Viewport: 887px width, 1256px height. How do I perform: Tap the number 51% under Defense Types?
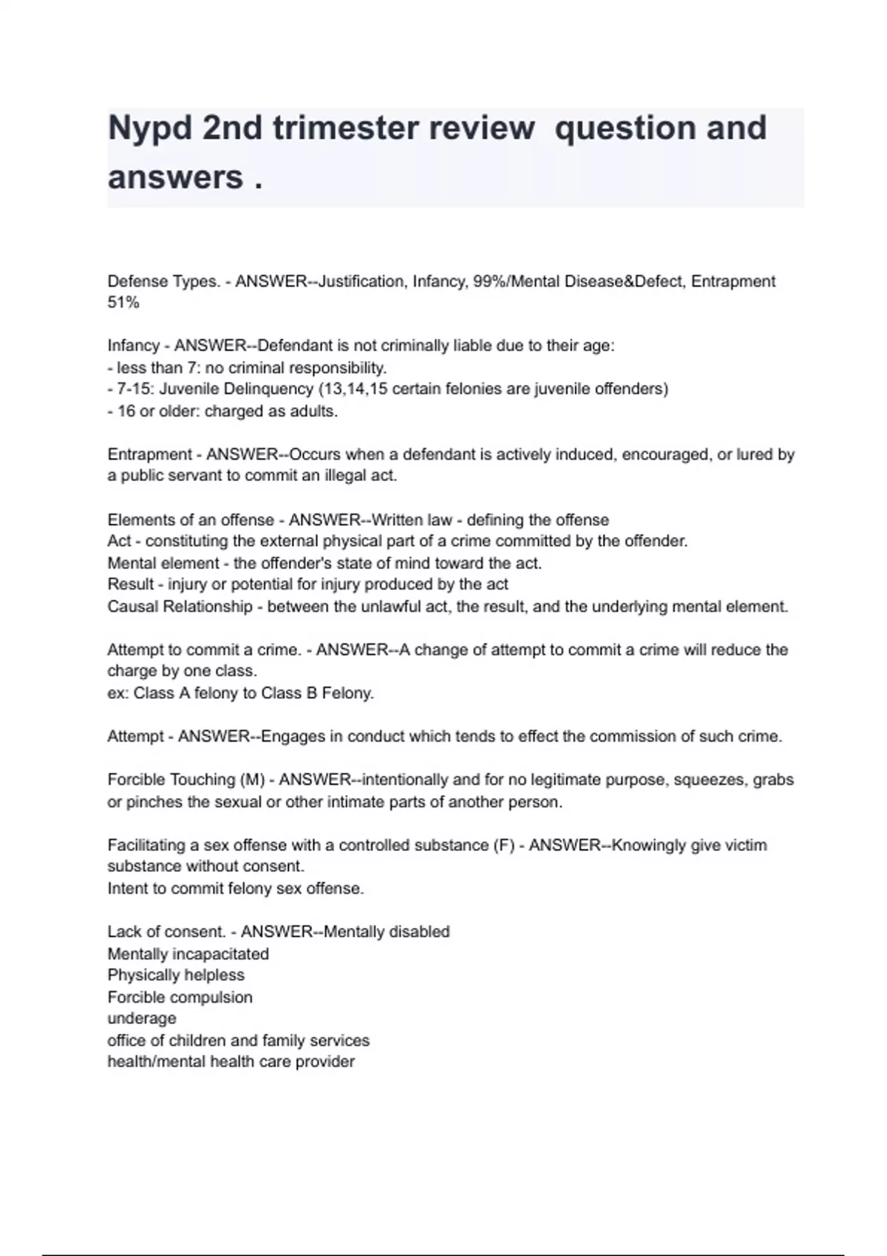pos(123,303)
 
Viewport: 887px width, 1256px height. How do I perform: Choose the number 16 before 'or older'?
pos(126,412)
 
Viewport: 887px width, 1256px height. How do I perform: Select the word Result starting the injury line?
pos(130,584)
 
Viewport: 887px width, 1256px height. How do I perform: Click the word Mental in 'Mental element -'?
pos(132,563)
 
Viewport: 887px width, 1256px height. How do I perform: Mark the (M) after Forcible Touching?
pos(252,780)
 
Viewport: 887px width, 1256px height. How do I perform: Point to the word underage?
pos(142,1019)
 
